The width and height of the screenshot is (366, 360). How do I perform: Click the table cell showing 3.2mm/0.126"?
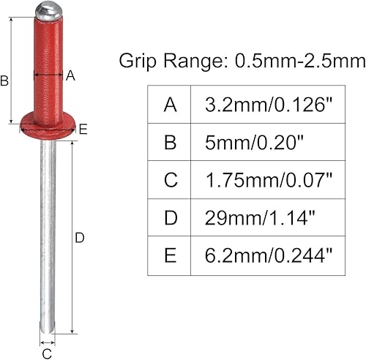pyautogui.click(x=266, y=105)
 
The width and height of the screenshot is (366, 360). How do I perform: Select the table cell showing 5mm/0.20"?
pyautogui.click(x=266, y=142)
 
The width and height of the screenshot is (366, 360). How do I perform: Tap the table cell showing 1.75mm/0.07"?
pyautogui.click(x=266, y=179)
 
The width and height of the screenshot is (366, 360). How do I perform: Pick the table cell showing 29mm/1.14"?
pyautogui.click(x=266, y=217)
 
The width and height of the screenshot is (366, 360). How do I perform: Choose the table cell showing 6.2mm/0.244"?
pyautogui.click(x=266, y=254)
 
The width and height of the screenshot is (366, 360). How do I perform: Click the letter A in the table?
pyautogui.click(x=170, y=105)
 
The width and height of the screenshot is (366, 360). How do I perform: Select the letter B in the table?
pyautogui.click(x=170, y=142)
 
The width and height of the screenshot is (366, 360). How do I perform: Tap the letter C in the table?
pyautogui.click(x=170, y=179)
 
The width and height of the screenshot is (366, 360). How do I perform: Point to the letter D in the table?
pyautogui.click(x=170, y=217)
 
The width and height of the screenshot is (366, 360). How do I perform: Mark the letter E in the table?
pyautogui.click(x=170, y=254)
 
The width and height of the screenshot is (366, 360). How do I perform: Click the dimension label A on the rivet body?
pyautogui.click(x=70, y=75)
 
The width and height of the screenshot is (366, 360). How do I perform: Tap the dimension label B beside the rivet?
pyautogui.click(x=4, y=82)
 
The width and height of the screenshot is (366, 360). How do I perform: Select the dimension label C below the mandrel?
pyautogui.click(x=47, y=353)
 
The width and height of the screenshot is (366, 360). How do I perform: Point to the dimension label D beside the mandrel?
pyautogui.click(x=81, y=237)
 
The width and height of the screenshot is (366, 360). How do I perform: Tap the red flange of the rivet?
pyautogui.click(x=46, y=125)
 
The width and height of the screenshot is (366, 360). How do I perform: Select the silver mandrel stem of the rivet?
pyautogui.click(x=47, y=234)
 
